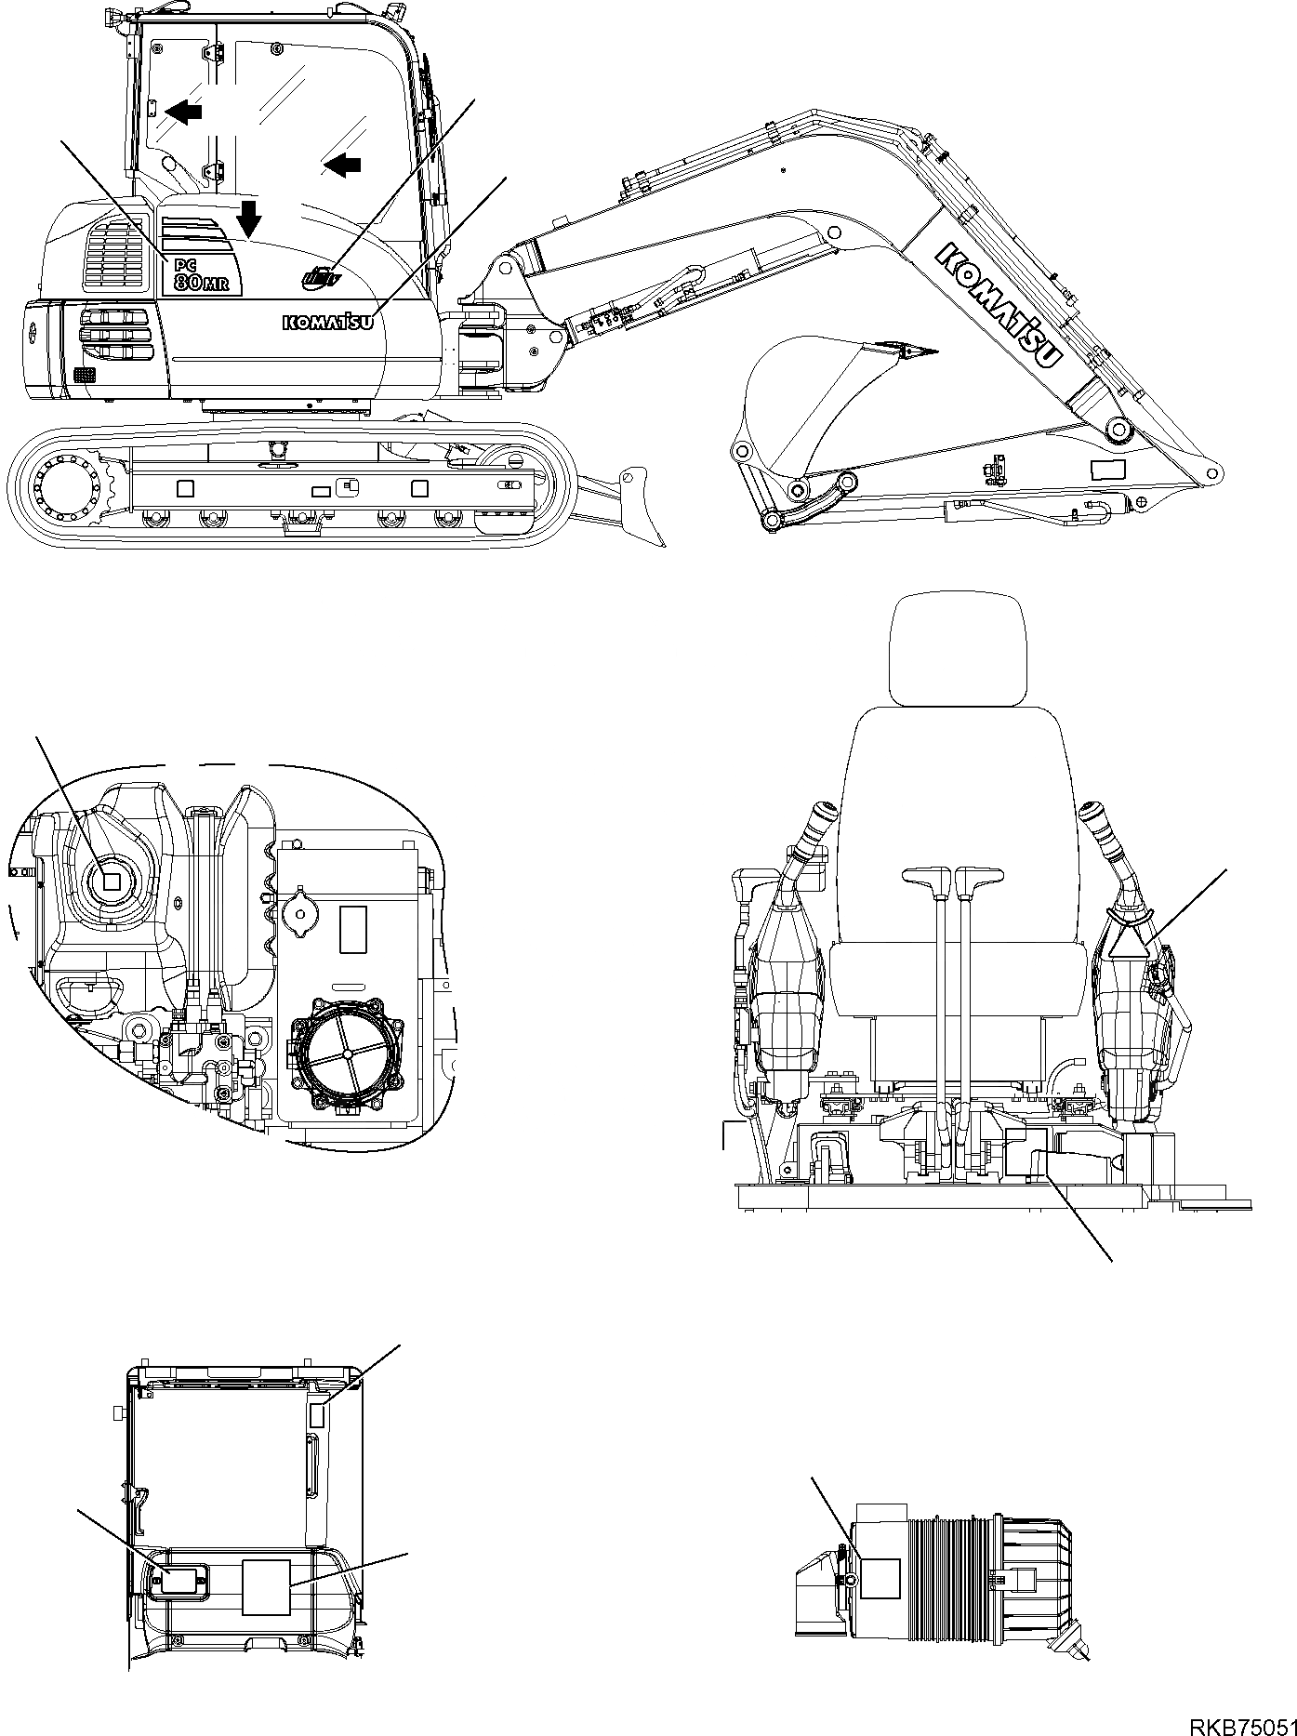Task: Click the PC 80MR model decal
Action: pyautogui.click(x=199, y=274)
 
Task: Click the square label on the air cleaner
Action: pyautogui.click(x=880, y=1578)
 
